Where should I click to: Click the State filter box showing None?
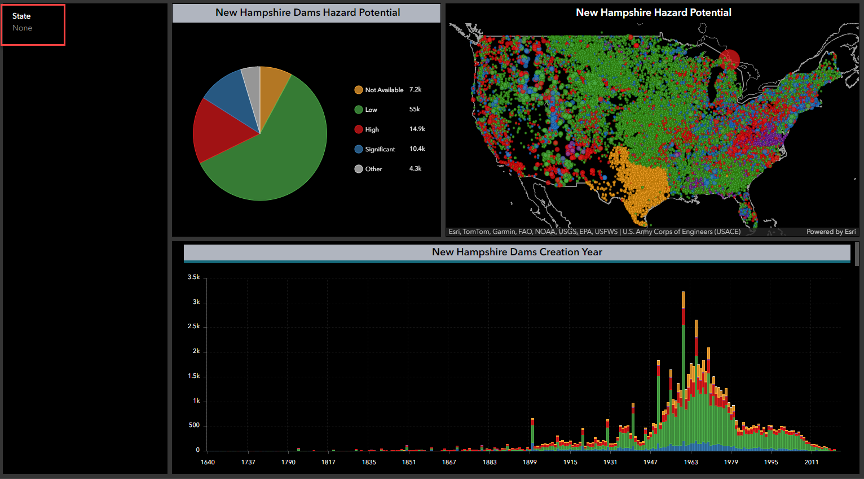coord(33,24)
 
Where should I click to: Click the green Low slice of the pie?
coord(282,153)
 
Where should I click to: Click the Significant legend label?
coord(380,149)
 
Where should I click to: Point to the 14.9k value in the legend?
coord(417,129)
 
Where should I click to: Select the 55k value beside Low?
coord(414,109)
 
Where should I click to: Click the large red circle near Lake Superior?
coord(730,59)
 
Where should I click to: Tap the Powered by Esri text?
coord(830,232)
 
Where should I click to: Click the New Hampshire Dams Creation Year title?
coord(517,252)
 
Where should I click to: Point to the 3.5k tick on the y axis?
coord(193,277)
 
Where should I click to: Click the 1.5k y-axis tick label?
coord(193,376)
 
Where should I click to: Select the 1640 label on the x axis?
coord(208,462)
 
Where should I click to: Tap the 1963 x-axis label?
coord(690,462)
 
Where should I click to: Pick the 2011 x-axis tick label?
coord(811,462)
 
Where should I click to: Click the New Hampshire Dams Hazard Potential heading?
coord(307,12)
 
